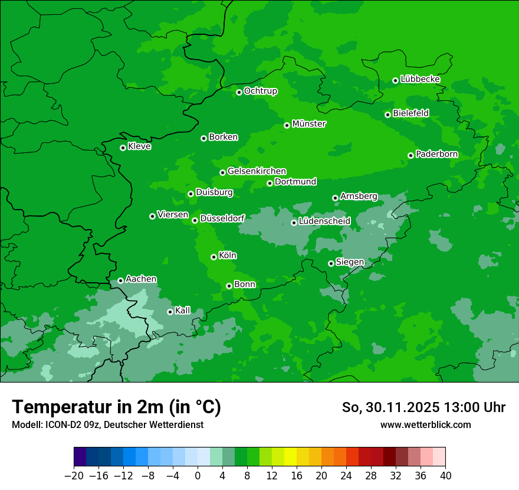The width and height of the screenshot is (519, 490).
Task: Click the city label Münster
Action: [x=309, y=124]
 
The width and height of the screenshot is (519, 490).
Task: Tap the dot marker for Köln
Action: [x=213, y=257]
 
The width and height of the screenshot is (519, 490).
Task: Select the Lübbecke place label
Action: [x=420, y=79]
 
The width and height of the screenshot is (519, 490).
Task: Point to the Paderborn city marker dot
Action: [x=410, y=155]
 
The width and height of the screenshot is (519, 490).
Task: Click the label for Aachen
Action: [x=141, y=279]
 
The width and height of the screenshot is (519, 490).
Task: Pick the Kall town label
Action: [x=183, y=311]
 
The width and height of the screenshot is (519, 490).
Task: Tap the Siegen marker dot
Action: [x=331, y=263]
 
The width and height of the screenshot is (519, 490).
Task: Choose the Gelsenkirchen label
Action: [x=257, y=171]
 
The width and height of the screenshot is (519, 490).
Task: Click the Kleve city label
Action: [x=139, y=146]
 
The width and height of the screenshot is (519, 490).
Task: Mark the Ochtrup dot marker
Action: [x=239, y=92]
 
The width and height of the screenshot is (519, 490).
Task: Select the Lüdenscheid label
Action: [x=324, y=221]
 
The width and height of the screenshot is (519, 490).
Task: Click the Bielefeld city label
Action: [x=410, y=113]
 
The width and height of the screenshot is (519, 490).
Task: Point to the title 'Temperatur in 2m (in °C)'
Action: [x=116, y=407]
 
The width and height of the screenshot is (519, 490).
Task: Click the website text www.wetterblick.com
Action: [x=425, y=425]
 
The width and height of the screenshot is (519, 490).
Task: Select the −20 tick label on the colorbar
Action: [x=74, y=476]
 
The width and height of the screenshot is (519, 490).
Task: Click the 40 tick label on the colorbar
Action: [x=445, y=476]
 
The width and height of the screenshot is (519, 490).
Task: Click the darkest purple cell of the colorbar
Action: [x=80, y=456]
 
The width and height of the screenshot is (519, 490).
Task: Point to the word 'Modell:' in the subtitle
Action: [x=26, y=425]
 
